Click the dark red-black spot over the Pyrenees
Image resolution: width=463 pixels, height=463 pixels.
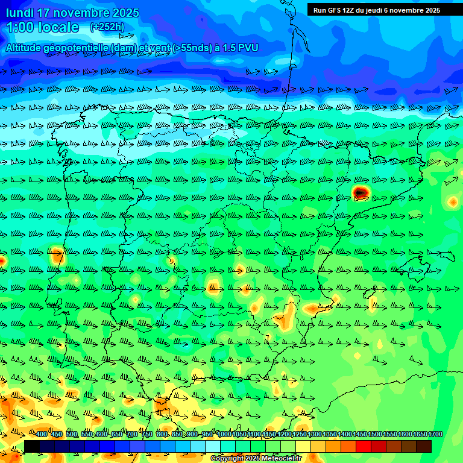tap(361, 192)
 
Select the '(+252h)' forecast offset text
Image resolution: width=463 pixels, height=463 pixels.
tap(107, 27)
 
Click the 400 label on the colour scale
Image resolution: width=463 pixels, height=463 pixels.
tap(42, 435)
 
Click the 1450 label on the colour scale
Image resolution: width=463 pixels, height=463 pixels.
tap(360, 435)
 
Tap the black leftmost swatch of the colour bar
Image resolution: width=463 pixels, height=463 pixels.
tap(32, 446)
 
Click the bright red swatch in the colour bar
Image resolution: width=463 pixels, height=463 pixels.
tap(364, 446)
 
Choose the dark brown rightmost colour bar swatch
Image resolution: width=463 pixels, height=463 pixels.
tap(424, 446)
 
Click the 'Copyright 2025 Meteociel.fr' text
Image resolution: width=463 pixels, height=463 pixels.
tap(256, 459)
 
